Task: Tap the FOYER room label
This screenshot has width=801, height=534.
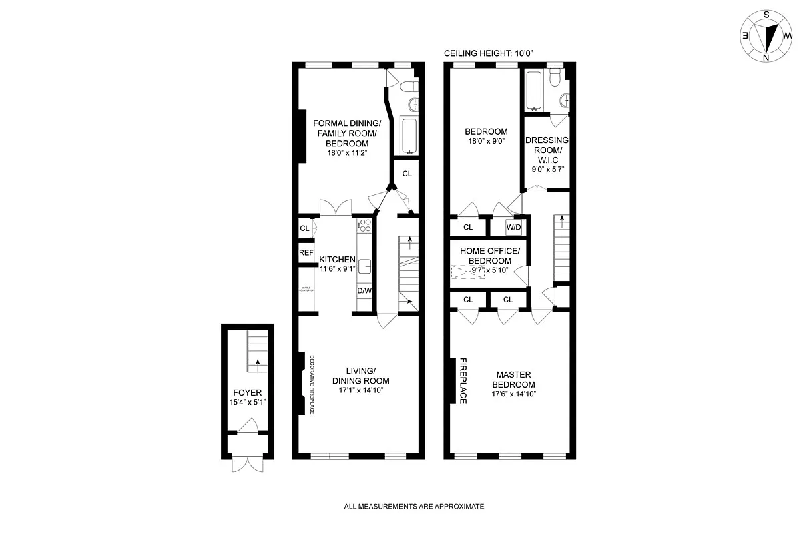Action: (x=247, y=393)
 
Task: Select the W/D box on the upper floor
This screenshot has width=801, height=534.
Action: (x=514, y=227)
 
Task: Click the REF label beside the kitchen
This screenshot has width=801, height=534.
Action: (x=306, y=253)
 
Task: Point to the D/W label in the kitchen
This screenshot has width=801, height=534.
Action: (x=364, y=291)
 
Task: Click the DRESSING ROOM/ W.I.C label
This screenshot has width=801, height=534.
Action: (x=547, y=154)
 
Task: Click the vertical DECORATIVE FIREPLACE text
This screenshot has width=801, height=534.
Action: (x=312, y=383)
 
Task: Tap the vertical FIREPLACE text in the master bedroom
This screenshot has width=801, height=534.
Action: (x=462, y=381)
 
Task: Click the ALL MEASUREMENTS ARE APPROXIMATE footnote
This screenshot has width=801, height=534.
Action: (x=414, y=507)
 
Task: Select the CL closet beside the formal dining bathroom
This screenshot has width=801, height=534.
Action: (x=407, y=174)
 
